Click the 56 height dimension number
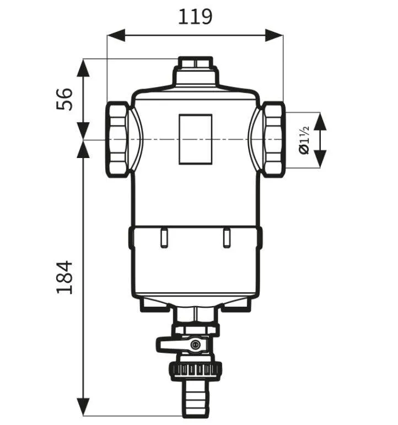[x=66, y=99]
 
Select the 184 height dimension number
[x=66, y=277]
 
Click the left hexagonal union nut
[x=118, y=139]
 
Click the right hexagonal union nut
[x=272, y=139]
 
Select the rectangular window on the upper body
[x=195, y=139]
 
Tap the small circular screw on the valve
[x=195, y=345]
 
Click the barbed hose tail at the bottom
[x=195, y=396]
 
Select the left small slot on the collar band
[x=163, y=238]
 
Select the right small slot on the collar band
[x=226, y=238]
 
